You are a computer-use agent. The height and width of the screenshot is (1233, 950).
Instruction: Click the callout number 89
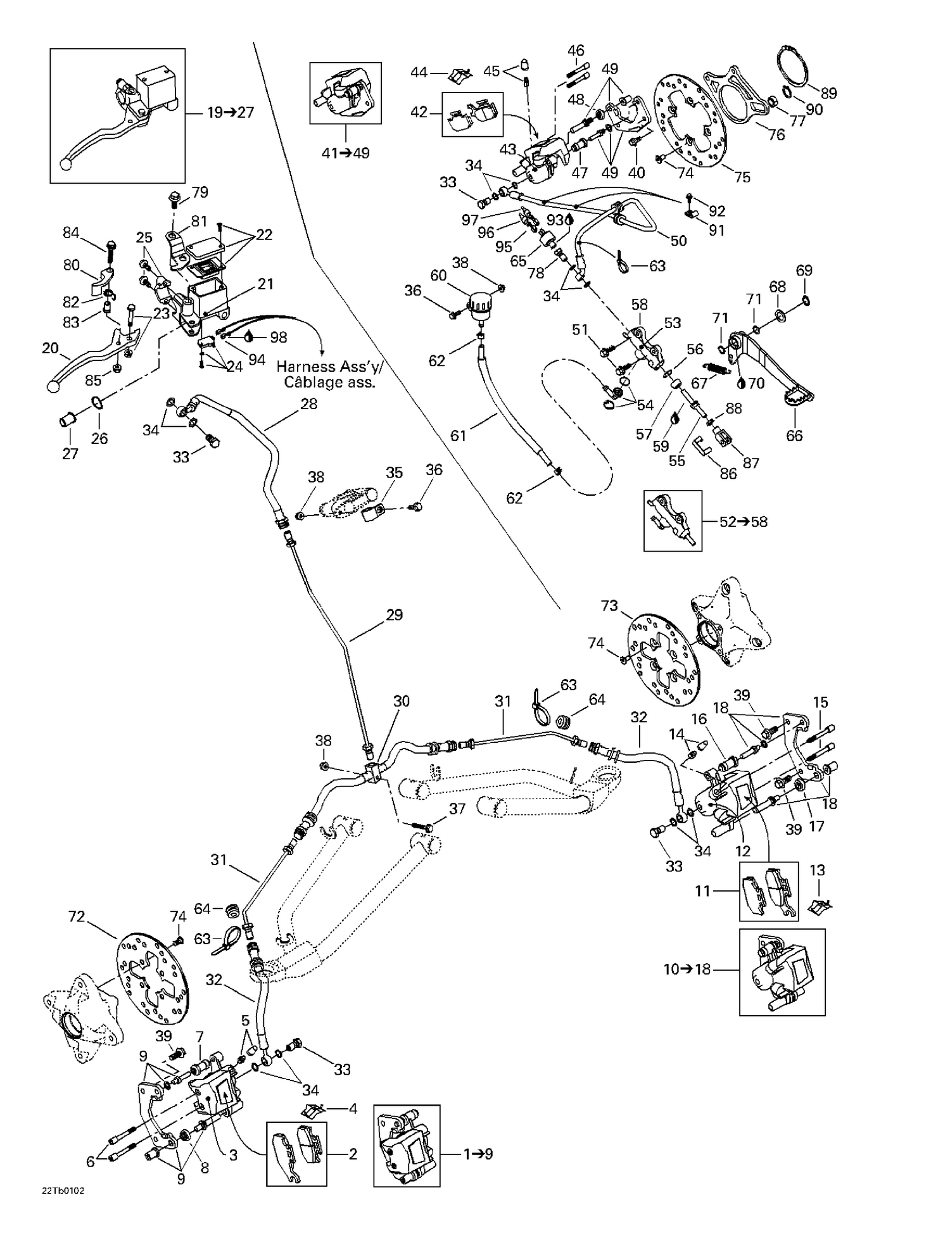coord(828,93)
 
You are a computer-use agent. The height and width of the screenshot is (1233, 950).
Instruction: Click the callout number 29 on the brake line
coord(394,615)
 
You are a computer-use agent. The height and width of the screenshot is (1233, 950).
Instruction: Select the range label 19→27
coord(231,113)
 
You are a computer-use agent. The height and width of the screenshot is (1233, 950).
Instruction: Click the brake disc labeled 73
coord(665,662)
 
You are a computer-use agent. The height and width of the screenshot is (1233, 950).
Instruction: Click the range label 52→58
coord(744,522)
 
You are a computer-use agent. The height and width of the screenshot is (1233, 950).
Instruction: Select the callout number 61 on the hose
coord(458,435)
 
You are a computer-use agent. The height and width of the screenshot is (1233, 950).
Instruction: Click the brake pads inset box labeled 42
coord(472,115)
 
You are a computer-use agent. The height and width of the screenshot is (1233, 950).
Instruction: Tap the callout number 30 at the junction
coord(402,701)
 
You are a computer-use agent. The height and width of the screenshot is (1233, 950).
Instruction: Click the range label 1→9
coord(478,1154)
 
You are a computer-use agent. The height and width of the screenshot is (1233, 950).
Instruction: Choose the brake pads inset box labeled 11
coord(769,891)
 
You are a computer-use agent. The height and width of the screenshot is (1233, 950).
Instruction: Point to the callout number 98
coord(279,337)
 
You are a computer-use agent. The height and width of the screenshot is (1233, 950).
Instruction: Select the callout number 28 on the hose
coord(308,403)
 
